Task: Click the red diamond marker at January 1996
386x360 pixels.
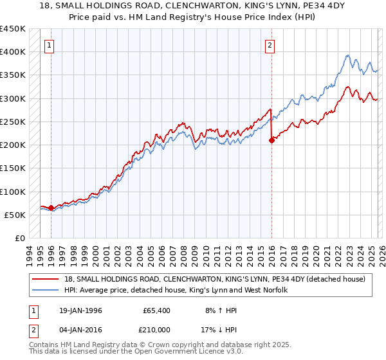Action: coord(51,208)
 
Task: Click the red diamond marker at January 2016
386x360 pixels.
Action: coord(271,140)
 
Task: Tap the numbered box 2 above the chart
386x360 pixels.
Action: coord(270,45)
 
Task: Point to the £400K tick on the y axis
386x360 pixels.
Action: coord(13,51)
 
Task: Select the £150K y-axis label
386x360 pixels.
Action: coord(13,168)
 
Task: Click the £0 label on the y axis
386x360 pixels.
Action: coord(19,238)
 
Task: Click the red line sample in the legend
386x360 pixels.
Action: coord(48,279)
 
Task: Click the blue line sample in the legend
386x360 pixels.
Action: coord(48,290)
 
